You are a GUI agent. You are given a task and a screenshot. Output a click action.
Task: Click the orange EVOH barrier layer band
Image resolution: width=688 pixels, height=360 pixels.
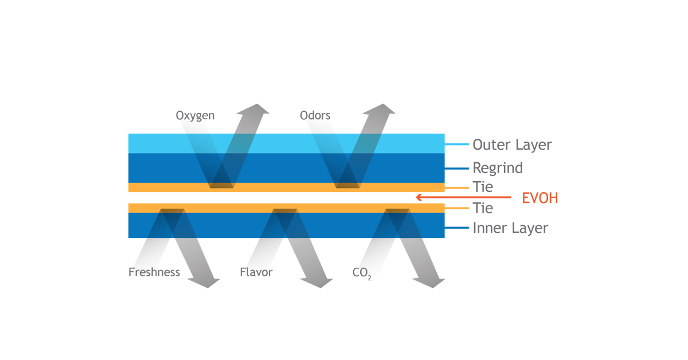coord(287,198)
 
